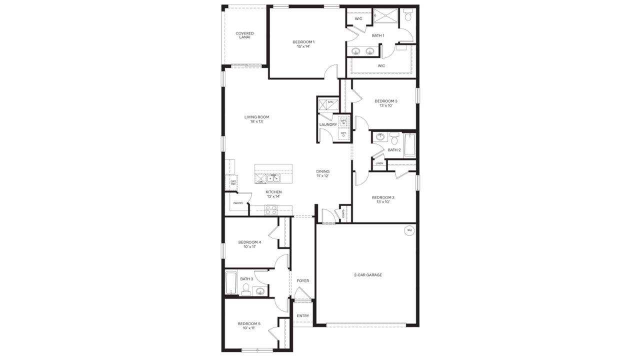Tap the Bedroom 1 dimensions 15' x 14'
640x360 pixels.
[303, 46]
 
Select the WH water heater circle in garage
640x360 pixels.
[409, 230]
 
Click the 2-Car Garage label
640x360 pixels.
[368, 274]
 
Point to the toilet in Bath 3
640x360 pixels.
[245, 287]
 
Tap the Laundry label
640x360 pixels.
[328, 124]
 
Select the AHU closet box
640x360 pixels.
[328, 104]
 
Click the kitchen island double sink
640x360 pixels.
[273, 178]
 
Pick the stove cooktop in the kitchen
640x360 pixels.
[270, 210]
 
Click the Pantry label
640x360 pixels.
[238, 203]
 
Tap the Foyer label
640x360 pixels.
[303, 281]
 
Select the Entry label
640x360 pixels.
[303, 316]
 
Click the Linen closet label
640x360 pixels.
[379, 163]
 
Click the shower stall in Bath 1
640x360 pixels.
[386, 16]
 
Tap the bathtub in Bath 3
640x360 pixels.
[230, 283]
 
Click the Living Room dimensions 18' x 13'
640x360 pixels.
[256, 121]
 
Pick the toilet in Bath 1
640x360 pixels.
[408, 15]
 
